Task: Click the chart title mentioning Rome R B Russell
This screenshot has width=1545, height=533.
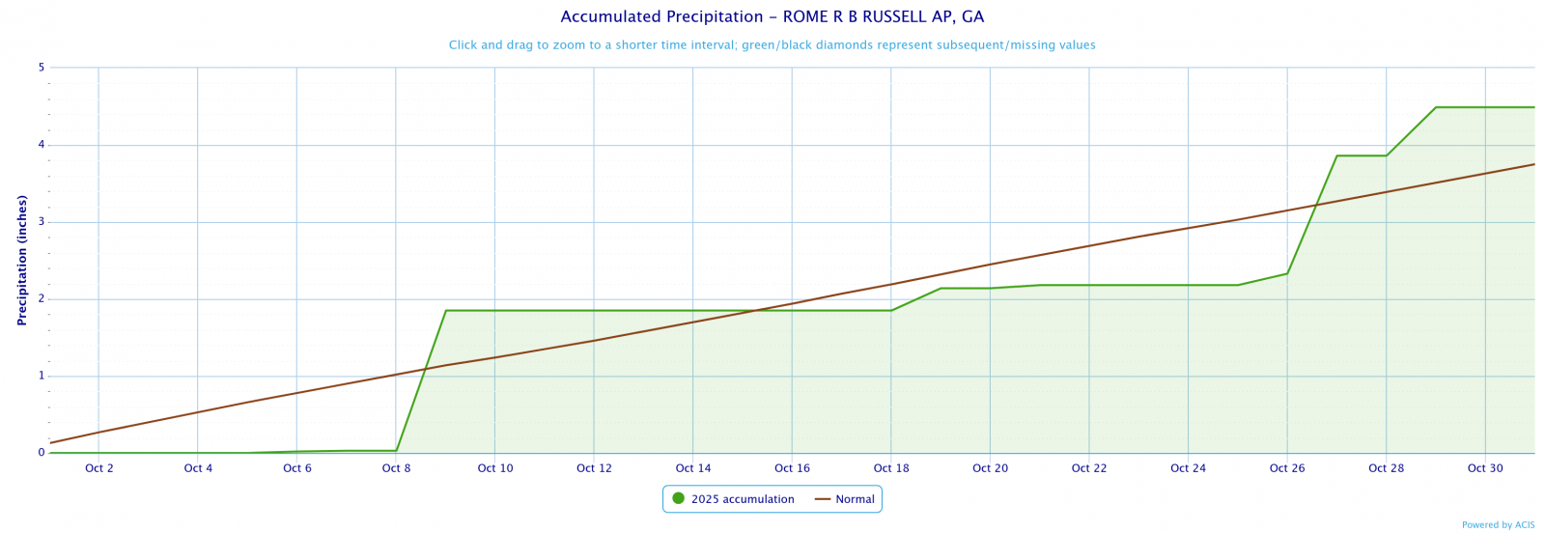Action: [x=772, y=17]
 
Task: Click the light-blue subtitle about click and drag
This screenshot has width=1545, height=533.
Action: [x=772, y=45]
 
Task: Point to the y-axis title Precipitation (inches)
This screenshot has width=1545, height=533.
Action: [x=22, y=260]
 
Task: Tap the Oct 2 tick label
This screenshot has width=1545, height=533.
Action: [x=98, y=468]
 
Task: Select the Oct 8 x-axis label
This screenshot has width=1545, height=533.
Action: [x=396, y=468]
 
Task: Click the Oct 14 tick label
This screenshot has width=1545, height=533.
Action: [x=692, y=468]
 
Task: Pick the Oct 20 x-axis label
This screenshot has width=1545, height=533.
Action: [x=990, y=468]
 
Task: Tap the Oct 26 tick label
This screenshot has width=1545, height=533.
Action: [x=1286, y=468]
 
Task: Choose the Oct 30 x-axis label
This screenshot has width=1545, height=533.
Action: [x=1484, y=468]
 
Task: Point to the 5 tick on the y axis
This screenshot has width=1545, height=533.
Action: [x=42, y=68]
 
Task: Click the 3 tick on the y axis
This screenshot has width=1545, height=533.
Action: [x=42, y=222]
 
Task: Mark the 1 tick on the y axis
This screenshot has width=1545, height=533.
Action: [x=42, y=376]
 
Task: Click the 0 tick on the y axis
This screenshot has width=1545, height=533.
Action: [x=42, y=453]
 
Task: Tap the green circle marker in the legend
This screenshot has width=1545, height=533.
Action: [x=678, y=499]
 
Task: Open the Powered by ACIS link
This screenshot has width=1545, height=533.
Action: [x=1498, y=525]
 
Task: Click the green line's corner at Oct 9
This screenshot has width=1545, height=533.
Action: [x=445, y=311]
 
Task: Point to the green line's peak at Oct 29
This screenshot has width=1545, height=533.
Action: [x=1436, y=107]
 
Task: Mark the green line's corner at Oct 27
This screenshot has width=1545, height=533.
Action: [x=1336, y=155]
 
